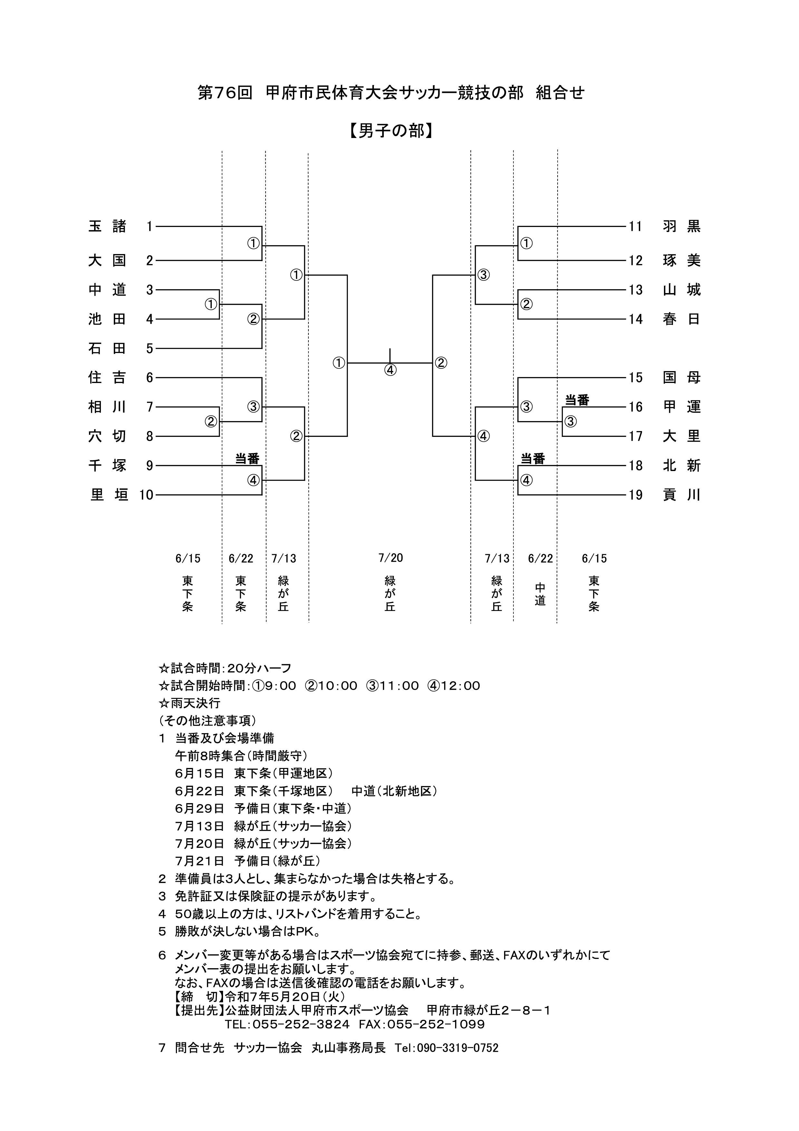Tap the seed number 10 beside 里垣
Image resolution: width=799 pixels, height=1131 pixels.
pyautogui.click(x=146, y=495)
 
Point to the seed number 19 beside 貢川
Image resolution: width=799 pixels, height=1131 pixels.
pyautogui.click(x=636, y=495)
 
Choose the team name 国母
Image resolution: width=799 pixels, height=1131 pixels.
pyautogui.click(x=681, y=378)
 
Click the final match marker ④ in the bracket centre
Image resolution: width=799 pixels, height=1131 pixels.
pyautogui.click(x=390, y=370)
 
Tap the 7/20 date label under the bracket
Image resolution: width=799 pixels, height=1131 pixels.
pyautogui.click(x=390, y=558)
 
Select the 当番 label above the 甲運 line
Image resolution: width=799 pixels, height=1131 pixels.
pyautogui.click(x=577, y=400)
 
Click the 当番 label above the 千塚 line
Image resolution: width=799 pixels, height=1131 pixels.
pyautogui.click(x=247, y=459)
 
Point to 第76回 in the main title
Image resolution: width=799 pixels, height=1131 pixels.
pyautogui.click(x=225, y=93)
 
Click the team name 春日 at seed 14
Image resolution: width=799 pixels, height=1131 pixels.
pyautogui.click(x=681, y=319)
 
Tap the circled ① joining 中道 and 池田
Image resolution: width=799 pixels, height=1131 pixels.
pyautogui.click(x=211, y=304)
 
